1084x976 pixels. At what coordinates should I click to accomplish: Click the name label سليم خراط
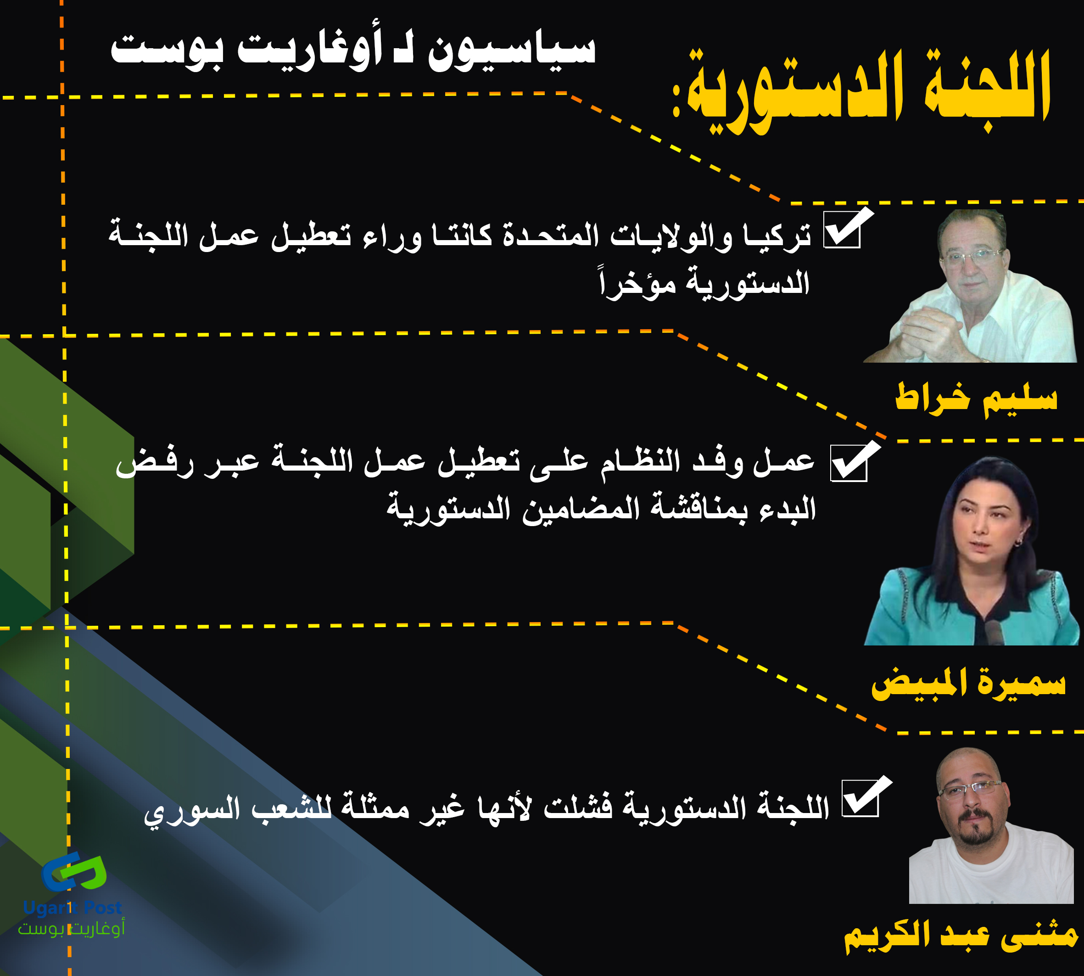(976, 399)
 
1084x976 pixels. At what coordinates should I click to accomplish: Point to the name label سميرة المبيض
(968, 684)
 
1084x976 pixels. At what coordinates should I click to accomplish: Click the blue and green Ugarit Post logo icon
(74, 871)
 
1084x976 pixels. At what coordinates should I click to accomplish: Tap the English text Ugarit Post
(73, 908)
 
